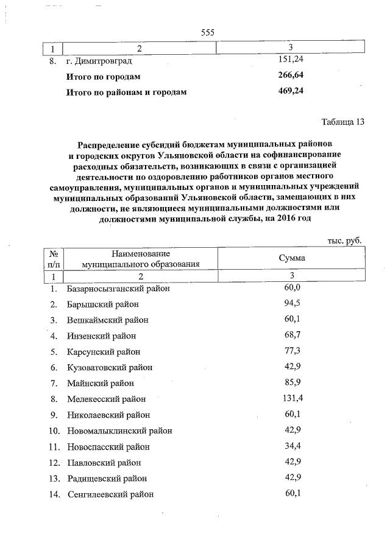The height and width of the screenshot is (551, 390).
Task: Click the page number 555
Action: click(x=208, y=32)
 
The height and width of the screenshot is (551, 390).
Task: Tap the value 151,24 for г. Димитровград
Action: click(x=291, y=61)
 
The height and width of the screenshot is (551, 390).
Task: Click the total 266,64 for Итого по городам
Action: click(x=291, y=76)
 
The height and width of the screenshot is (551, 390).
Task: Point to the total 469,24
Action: click(x=291, y=92)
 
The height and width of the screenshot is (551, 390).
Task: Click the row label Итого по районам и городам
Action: click(x=126, y=93)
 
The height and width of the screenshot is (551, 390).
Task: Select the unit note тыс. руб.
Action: click(x=344, y=240)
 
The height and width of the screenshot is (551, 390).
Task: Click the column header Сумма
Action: click(x=292, y=258)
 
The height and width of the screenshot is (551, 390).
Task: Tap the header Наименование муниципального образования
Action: click(x=141, y=259)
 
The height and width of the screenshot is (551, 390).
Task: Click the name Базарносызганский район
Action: click(x=118, y=288)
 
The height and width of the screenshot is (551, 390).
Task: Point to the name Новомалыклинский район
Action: click(x=119, y=430)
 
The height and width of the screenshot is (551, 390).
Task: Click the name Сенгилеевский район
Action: click(x=110, y=494)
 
